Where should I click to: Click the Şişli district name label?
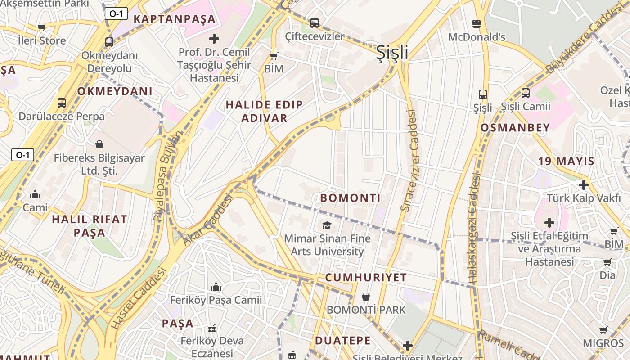click(x=392, y=53)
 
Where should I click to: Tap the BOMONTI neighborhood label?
click(x=350, y=198)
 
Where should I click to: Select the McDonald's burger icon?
click(x=477, y=23)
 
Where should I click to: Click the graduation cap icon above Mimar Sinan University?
click(x=327, y=225)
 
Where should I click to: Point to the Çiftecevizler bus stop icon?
click(x=315, y=22)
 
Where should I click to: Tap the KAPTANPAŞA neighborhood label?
click(x=175, y=19)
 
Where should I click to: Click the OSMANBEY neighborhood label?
click(x=515, y=128)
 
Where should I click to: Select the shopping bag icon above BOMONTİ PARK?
click(x=366, y=297)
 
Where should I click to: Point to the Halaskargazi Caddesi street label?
click(x=474, y=229)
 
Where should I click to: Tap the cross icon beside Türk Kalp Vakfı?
click(x=584, y=185)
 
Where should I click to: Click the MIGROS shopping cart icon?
click(x=603, y=330)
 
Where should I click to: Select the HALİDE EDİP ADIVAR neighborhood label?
click(x=264, y=112)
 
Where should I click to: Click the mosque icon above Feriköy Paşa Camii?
click(x=216, y=287)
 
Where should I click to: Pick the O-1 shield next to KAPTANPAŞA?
click(x=116, y=14)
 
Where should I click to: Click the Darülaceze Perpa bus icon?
click(x=62, y=103)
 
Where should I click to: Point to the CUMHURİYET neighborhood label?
click(x=366, y=278)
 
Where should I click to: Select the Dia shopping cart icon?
click(x=607, y=262)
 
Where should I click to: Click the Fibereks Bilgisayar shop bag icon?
click(x=99, y=144)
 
